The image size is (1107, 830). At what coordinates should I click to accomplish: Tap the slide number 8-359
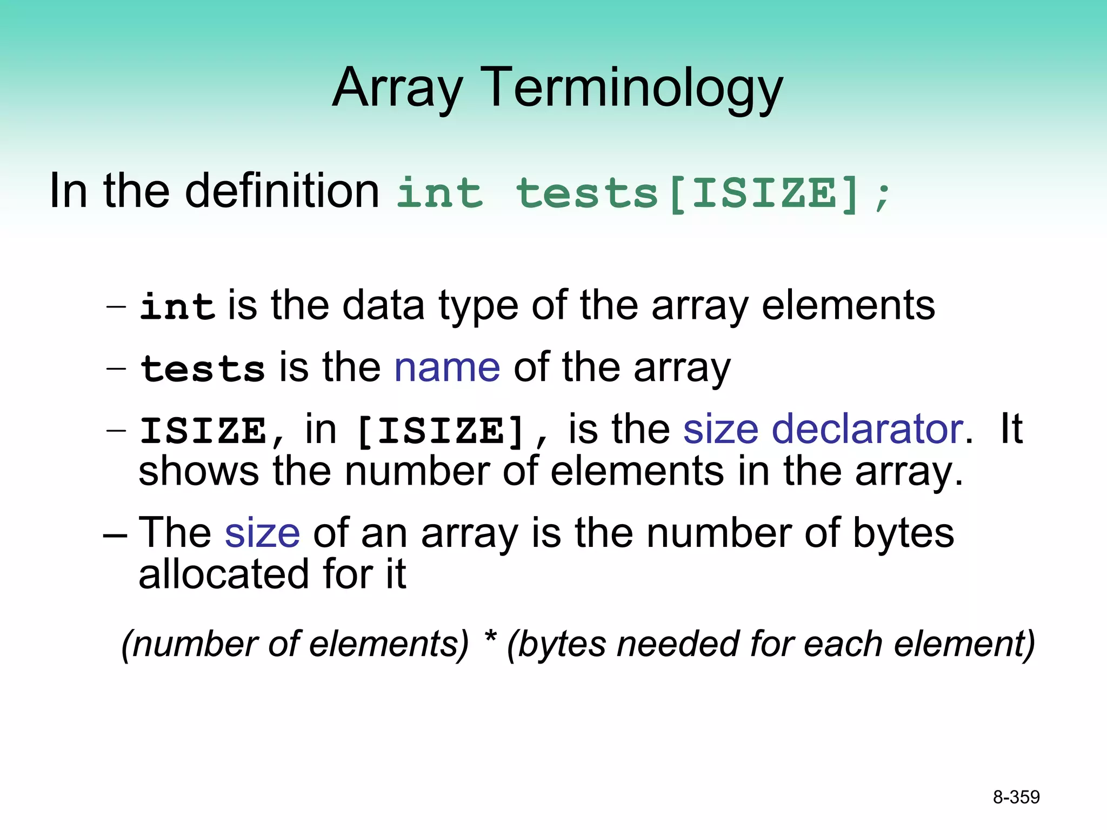pos(1016,797)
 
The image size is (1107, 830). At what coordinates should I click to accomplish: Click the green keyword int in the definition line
pos(439,193)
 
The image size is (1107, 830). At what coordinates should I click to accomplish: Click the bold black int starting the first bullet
pos(177,306)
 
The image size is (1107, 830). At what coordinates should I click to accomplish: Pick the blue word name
pos(447,367)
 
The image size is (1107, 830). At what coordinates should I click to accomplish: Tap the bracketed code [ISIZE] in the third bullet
pos(441,431)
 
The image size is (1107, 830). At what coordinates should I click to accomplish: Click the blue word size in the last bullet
pos(262,533)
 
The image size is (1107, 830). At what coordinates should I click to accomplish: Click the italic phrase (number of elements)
pos(295,644)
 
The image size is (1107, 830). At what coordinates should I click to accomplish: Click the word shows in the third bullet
pos(198,471)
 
